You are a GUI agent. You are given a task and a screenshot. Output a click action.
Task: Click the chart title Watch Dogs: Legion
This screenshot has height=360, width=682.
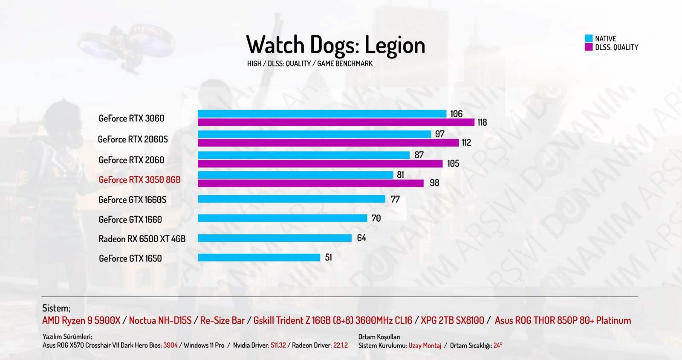pos(335,45)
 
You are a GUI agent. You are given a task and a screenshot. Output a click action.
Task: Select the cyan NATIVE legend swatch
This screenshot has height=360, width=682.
pos(589,38)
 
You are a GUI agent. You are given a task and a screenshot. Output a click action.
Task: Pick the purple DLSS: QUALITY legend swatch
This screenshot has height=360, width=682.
pos(589,47)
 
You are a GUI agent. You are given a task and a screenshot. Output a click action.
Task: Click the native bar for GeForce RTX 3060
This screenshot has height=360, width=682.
pos(322,114)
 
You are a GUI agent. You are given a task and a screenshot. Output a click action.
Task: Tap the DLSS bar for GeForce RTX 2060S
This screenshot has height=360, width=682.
pos(328,142)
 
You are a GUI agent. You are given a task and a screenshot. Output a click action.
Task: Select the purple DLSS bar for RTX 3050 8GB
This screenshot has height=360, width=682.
pos(311,183)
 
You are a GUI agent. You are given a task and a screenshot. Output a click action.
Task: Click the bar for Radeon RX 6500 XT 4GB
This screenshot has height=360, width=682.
pos(275,238)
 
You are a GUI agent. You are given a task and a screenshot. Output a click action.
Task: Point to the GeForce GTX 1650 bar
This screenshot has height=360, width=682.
pos(259,258)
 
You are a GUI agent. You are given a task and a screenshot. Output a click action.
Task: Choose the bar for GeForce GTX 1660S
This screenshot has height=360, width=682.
pos(292,199)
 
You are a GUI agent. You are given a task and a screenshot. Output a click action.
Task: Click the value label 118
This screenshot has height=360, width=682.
pos(482,122)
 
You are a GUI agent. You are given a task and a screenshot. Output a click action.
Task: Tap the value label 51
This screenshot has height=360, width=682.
pos(328,257)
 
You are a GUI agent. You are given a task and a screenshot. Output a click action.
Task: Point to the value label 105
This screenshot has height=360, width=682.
pos(453,163)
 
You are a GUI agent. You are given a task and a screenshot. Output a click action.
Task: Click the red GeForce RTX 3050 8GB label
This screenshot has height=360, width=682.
pos(139,180)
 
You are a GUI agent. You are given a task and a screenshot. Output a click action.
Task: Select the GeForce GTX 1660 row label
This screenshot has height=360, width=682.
pos(130,219)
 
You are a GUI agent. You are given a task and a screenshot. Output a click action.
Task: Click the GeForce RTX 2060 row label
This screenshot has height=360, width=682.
pos(131,160)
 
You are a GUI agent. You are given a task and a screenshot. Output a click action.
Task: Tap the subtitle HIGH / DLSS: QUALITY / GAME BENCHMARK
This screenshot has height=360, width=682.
pos(309,64)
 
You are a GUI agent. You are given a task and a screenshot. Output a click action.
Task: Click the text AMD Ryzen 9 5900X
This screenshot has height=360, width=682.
pos(81,320)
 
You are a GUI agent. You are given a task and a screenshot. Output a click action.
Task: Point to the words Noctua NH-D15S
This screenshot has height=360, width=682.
pos(160,320)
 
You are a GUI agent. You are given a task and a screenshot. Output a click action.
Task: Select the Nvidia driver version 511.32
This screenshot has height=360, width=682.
pos(278,345)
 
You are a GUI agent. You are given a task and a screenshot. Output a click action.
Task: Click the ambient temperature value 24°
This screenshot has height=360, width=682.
pos(498,345)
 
